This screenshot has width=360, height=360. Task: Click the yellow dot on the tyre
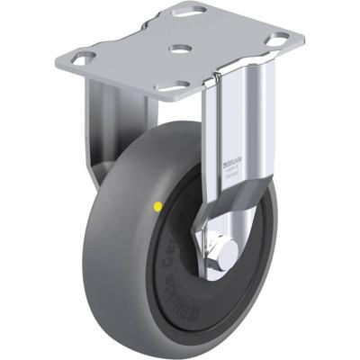158,206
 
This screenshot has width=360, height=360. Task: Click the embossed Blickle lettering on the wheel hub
171,270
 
